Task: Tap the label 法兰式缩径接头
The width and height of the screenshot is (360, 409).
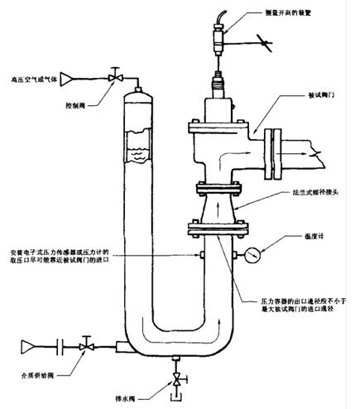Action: (x=314, y=190)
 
